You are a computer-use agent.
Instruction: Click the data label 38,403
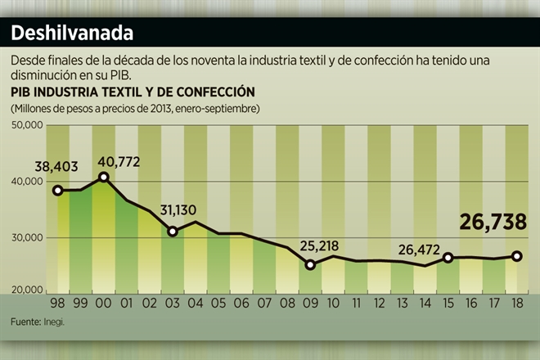(56, 166)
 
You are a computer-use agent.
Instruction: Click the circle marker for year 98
(57, 191)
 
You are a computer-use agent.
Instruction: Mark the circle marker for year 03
(173, 232)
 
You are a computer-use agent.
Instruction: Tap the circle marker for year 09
(310, 264)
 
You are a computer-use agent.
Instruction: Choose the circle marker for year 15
(448, 258)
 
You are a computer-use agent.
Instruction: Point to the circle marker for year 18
(517, 256)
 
